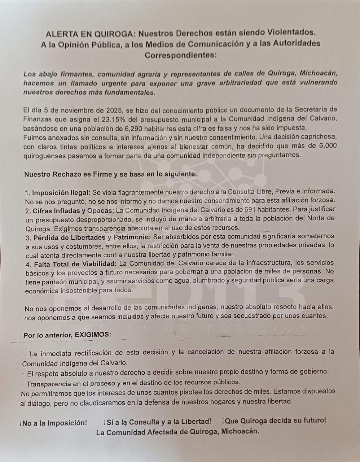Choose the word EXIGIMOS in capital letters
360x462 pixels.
tap(93, 335)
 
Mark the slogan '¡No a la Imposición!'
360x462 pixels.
tap(53, 423)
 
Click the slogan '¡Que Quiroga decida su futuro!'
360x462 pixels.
tap(274, 421)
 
